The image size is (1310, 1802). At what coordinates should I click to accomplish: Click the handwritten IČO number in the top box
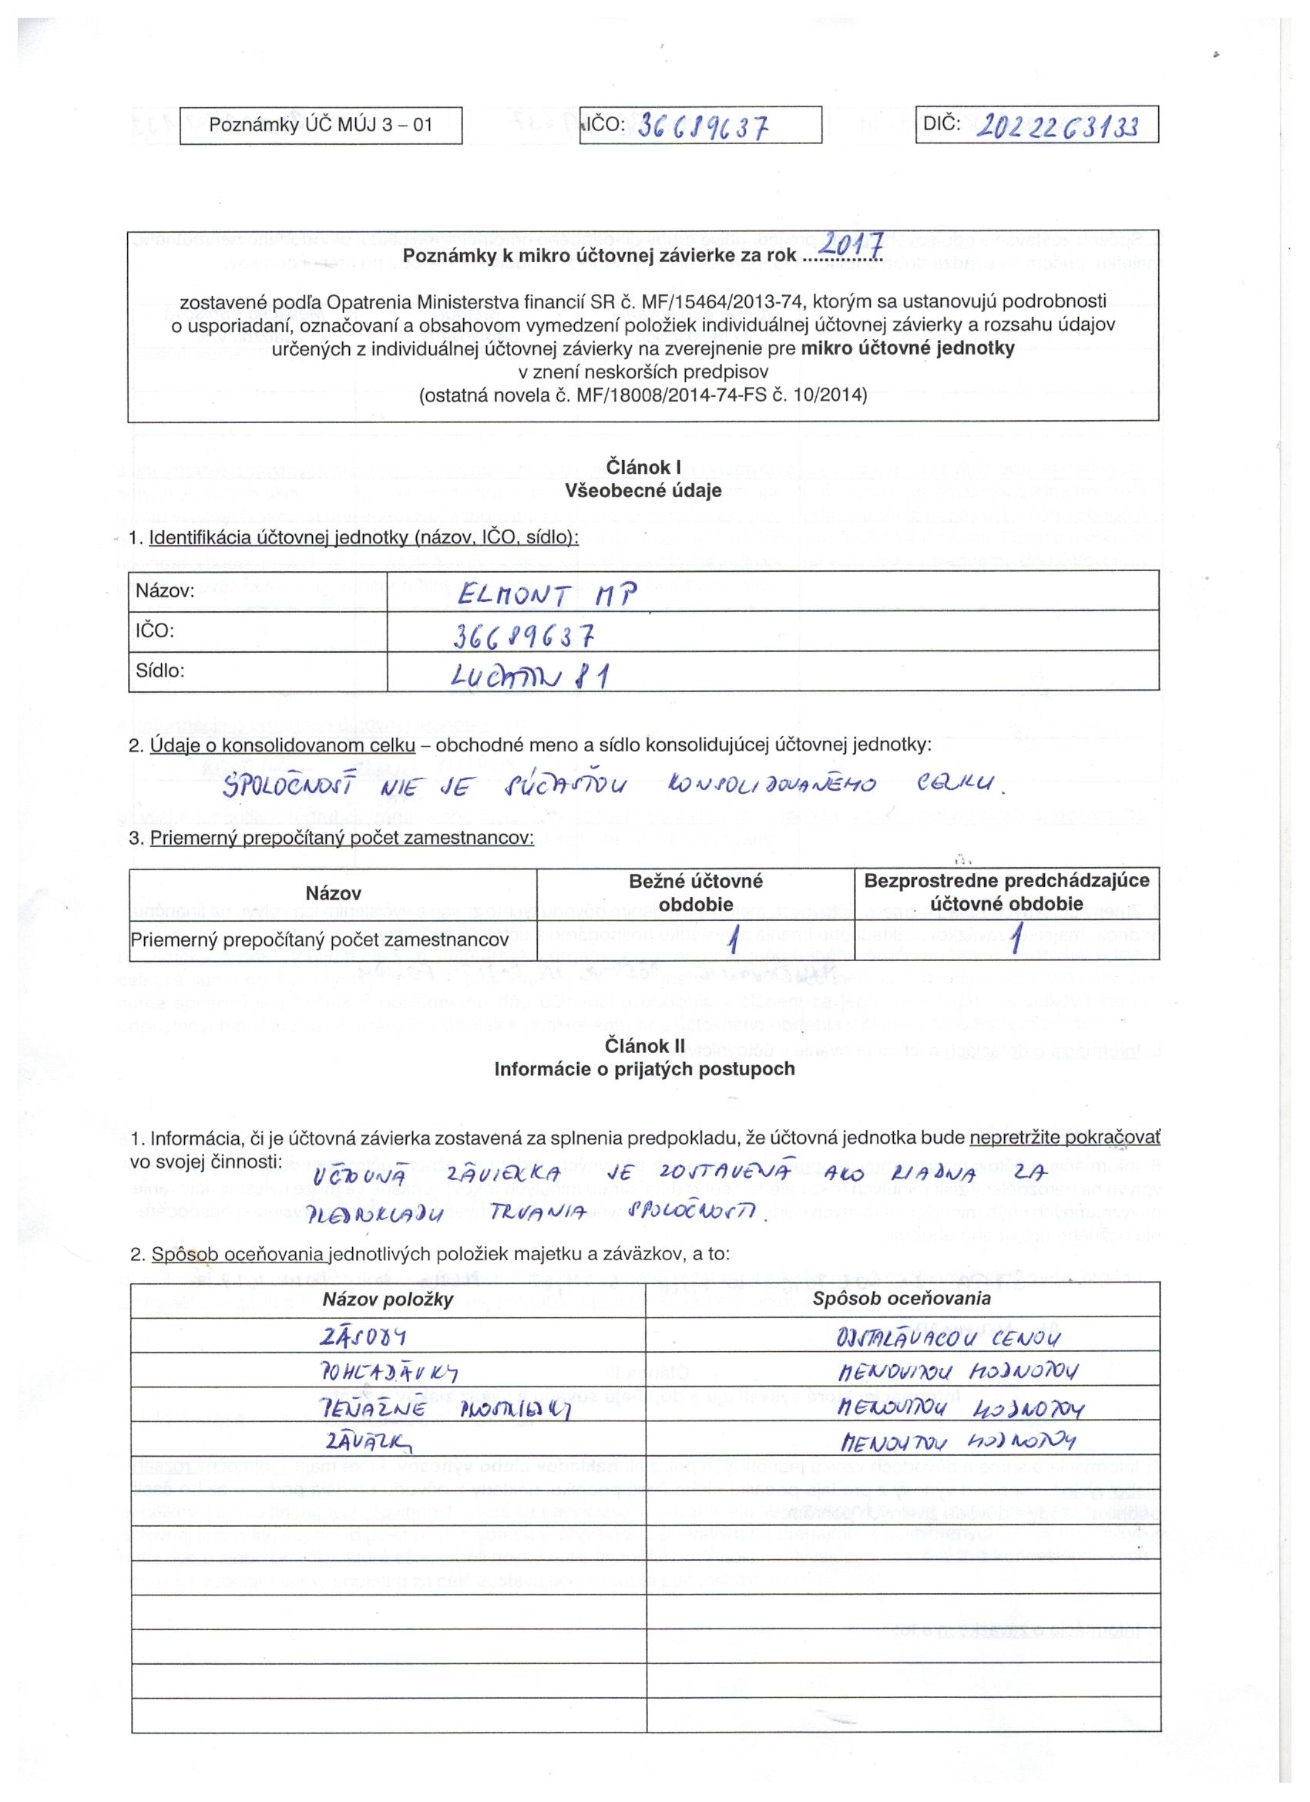(x=702, y=126)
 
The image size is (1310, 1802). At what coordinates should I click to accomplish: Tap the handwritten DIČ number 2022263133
(x=1056, y=125)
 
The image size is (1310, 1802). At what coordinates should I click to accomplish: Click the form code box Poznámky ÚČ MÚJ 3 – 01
(x=321, y=126)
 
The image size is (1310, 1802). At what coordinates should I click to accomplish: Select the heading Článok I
(x=643, y=468)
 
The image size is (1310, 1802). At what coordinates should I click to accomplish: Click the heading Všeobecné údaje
(x=643, y=491)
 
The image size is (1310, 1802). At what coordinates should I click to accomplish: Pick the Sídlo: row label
(x=160, y=671)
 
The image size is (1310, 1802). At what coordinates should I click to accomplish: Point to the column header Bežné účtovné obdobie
(x=695, y=893)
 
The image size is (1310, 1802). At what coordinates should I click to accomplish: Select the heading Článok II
(x=643, y=1047)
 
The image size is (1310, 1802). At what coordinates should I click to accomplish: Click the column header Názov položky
(x=388, y=1299)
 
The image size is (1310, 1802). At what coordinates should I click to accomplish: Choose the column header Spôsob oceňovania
(x=902, y=1298)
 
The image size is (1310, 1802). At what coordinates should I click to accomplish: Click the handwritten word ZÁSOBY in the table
(x=362, y=1338)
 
